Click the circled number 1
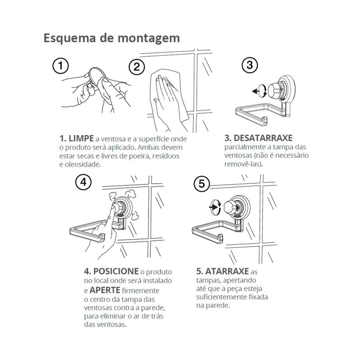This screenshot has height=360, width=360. click(61, 66)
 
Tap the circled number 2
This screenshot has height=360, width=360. click(137, 67)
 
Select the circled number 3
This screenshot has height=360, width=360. click(250, 65)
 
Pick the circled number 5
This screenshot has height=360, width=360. click(202, 184)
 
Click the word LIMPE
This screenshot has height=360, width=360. click(81, 139)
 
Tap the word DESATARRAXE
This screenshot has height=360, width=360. click(263, 138)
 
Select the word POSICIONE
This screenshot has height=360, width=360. click(116, 271)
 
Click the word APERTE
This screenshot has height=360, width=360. click(105, 290)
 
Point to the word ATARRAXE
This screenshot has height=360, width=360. click(227, 271)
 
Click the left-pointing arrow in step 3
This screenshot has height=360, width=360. click(256, 91)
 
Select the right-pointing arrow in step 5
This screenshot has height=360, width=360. click(213, 207)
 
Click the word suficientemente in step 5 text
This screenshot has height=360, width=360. click(221, 297)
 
